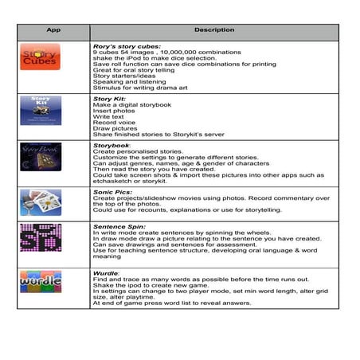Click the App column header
click(53, 30)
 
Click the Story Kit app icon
click(40, 109)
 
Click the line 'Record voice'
click(115, 123)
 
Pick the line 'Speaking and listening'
click(127, 83)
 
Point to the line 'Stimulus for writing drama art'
click(139, 89)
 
